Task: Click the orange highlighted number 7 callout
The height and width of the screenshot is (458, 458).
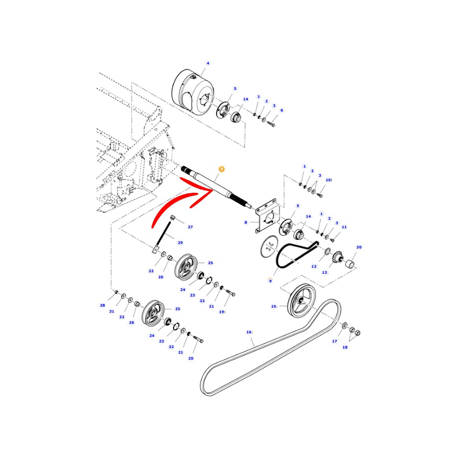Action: [x=222, y=169]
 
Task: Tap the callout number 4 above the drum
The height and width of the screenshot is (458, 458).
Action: [x=208, y=63]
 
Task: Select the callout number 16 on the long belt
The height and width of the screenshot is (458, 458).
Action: [x=249, y=332]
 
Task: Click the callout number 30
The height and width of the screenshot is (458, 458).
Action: [x=359, y=247]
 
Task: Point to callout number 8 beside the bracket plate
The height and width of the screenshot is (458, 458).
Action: [x=245, y=223]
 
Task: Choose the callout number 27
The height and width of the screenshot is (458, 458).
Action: [x=190, y=227]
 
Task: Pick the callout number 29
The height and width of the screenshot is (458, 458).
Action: [x=180, y=243]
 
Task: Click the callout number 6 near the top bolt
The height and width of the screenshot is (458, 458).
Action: [x=282, y=110]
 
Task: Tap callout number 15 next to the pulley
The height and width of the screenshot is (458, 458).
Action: [x=274, y=306]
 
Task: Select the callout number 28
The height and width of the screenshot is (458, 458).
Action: [x=102, y=305]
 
